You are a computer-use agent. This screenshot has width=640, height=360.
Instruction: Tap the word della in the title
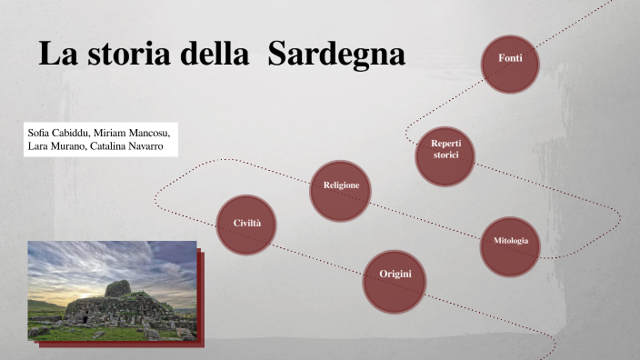(208, 55)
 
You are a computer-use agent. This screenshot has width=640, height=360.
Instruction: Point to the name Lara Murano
(56, 146)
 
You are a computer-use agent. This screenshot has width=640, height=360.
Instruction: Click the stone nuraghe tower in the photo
(115, 291)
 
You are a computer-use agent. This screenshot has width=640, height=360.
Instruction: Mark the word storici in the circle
(445, 155)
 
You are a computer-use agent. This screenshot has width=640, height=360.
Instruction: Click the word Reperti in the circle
(445, 144)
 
